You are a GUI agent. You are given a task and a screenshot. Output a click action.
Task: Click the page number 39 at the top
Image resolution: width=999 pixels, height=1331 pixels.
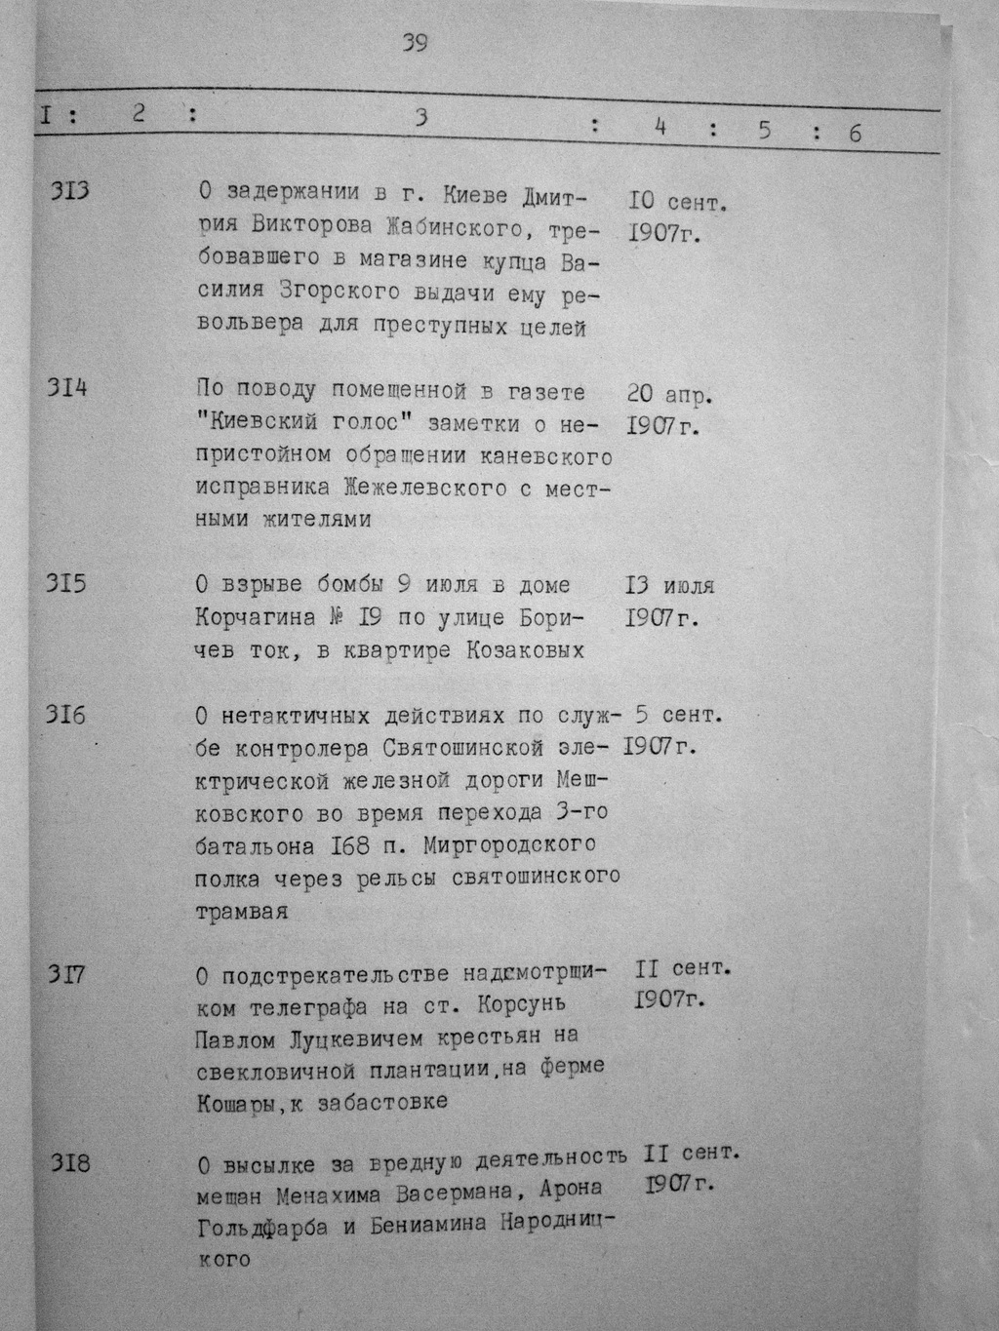415,44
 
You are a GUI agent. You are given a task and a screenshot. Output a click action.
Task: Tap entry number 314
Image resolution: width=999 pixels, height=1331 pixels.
68,388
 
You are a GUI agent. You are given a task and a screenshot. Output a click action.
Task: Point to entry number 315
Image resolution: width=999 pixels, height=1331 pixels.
67,583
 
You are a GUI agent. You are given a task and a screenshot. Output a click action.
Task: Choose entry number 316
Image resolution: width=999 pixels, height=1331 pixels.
65,715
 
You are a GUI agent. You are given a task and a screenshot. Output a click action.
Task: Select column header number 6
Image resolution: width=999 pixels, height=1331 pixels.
855,134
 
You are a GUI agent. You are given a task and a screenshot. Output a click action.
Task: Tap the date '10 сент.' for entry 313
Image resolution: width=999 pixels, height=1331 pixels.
679,203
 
